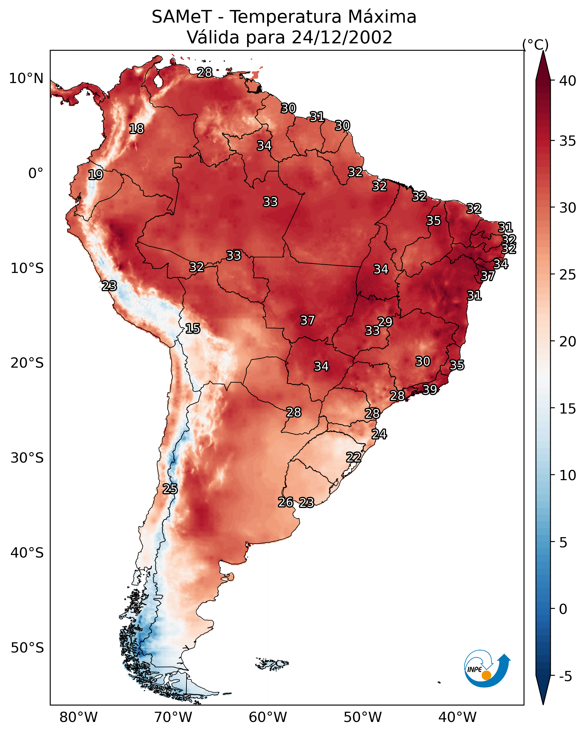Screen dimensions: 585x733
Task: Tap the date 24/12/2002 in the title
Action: click(342, 37)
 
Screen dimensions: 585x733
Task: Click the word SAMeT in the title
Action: click(182, 17)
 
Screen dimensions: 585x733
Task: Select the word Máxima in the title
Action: click(383, 17)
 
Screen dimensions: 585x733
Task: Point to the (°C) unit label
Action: click(535, 45)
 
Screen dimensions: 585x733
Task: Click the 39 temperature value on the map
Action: click(430, 389)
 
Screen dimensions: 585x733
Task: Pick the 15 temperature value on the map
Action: click(192, 329)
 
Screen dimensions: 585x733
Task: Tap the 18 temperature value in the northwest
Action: click(136, 129)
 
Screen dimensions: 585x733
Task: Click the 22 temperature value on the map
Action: click(353, 457)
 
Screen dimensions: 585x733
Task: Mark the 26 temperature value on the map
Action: click(286, 502)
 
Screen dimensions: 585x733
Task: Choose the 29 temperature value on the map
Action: click(385, 322)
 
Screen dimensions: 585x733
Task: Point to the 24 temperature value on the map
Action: click(379, 434)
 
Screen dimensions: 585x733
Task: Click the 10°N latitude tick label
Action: click(26, 79)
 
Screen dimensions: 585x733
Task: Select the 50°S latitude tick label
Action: click(27, 648)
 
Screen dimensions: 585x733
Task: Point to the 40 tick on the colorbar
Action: click(568, 81)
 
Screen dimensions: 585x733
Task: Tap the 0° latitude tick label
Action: click(36, 173)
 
